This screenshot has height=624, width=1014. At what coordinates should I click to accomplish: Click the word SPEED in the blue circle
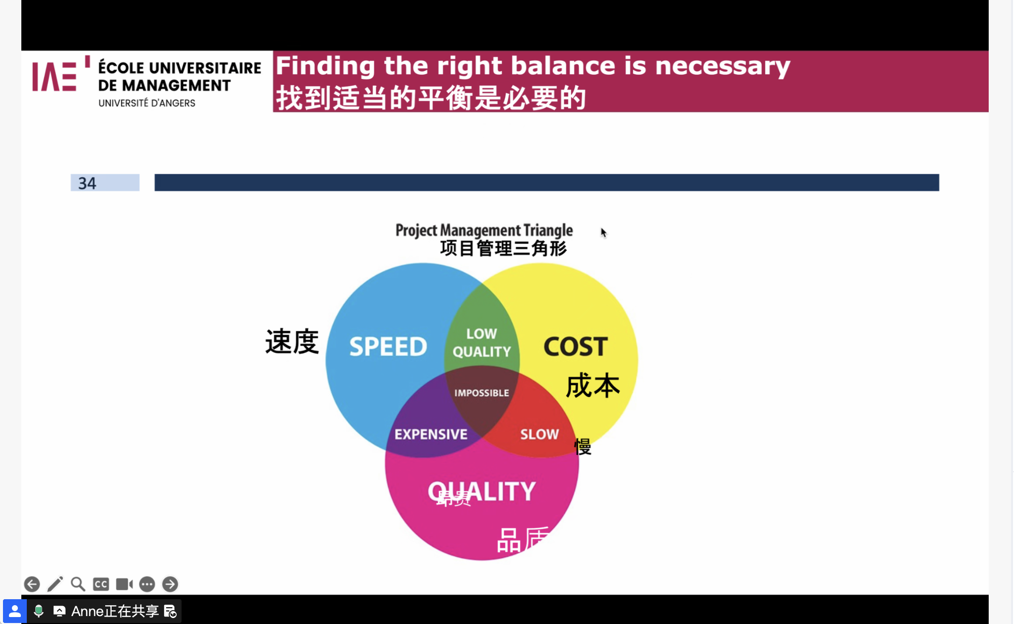pyautogui.click(x=388, y=346)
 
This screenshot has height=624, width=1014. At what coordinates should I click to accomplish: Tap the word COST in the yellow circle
pyautogui.click(x=575, y=346)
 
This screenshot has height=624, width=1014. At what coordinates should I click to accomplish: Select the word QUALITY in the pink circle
pyautogui.click(x=482, y=492)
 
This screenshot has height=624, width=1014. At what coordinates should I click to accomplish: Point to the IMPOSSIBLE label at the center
pyautogui.click(x=482, y=393)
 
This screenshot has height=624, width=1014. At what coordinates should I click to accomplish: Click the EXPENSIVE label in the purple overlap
pyautogui.click(x=431, y=435)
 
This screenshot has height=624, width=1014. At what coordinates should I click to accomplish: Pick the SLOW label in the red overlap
pyautogui.click(x=539, y=435)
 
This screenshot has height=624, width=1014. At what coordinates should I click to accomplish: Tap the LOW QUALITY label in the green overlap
pyautogui.click(x=482, y=343)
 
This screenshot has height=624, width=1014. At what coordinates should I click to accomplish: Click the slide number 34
pyautogui.click(x=87, y=184)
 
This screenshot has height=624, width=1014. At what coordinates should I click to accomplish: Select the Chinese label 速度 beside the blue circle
pyautogui.click(x=292, y=342)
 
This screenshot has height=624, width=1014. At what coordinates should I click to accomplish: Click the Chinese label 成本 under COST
pyautogui.click(x=593, y=386)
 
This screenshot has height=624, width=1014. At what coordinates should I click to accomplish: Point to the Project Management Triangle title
pyautogui.click(x=484, y=230)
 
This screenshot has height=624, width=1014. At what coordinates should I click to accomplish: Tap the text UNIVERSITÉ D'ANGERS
pyautogui.click(x=147, y=103)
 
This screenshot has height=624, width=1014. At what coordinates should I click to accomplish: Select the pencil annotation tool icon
pyautogui.click(x=55, y=584)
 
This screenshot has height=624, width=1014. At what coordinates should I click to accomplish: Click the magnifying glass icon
pyautogui.click(x=78, y=584)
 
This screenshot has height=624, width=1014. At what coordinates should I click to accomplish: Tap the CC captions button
pyautogui.click(x=101, y=584)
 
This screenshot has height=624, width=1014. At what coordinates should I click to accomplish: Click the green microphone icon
pyautogui.click(x=38, y=611)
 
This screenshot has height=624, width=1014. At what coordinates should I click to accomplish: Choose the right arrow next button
pyautogui.click(x=170, y=584)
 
